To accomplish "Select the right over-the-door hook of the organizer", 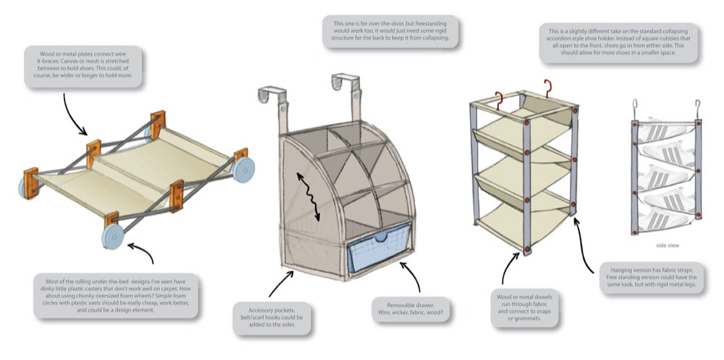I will click(x=346, y=91).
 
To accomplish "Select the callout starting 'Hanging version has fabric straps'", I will click(x=649, y=277).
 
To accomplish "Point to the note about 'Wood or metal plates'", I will click(x=83, y=67).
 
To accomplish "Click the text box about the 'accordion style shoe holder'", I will click(x=618, y=43).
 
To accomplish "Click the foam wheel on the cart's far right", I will click(x=243, y=169).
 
